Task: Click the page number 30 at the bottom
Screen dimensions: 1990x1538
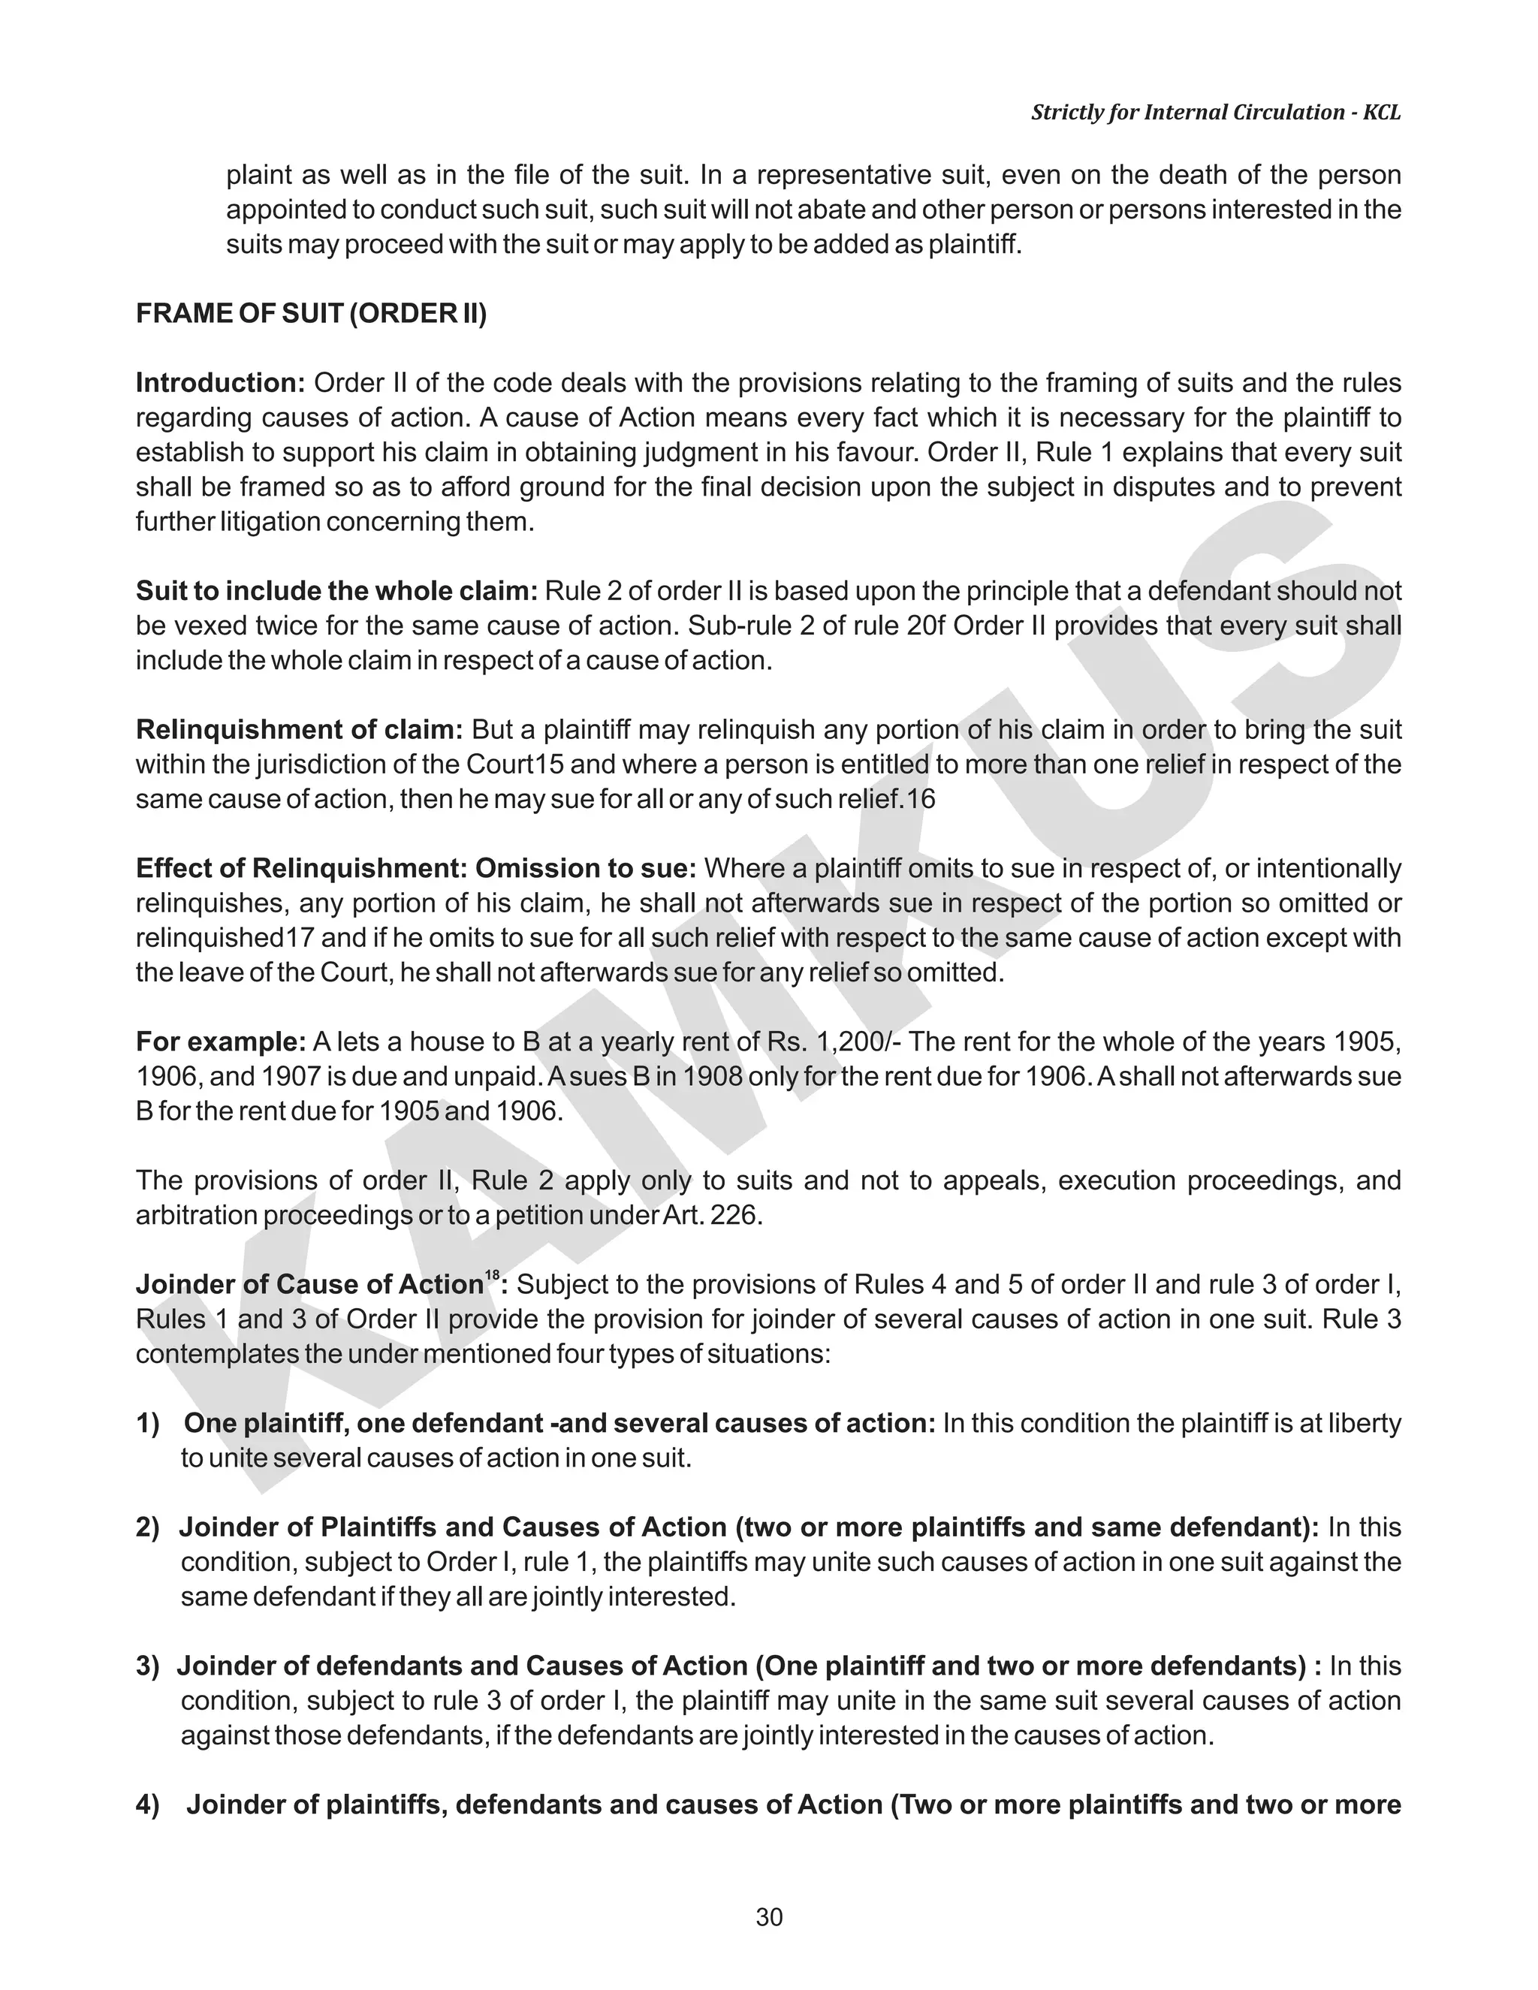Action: point(769,1917)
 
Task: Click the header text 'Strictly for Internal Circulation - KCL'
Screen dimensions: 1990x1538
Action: point(1216,112)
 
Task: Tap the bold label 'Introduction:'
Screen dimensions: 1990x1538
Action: point(221,383)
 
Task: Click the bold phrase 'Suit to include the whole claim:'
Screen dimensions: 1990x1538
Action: point(337,591)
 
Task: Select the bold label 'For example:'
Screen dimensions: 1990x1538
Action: point(221,1042)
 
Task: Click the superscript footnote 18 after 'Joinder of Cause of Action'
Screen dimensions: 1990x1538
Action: point(492,1276)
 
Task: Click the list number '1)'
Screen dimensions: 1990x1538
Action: point(148,1423)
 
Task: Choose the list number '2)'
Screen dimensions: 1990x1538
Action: point(148,1527)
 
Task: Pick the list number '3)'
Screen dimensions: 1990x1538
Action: point(148,1666)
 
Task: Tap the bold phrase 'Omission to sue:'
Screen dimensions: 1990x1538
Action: point(586,868)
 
